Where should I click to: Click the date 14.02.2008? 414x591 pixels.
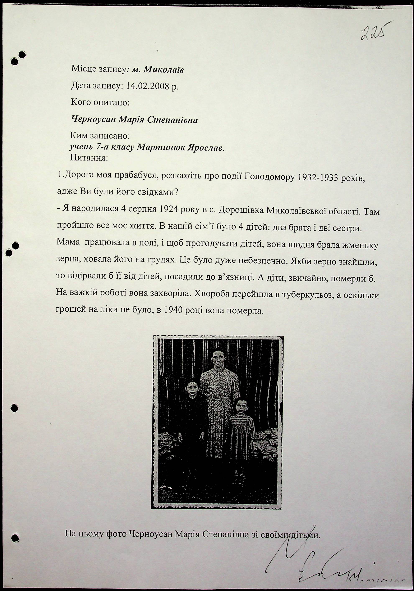147,86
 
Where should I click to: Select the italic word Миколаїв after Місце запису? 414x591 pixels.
164,70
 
